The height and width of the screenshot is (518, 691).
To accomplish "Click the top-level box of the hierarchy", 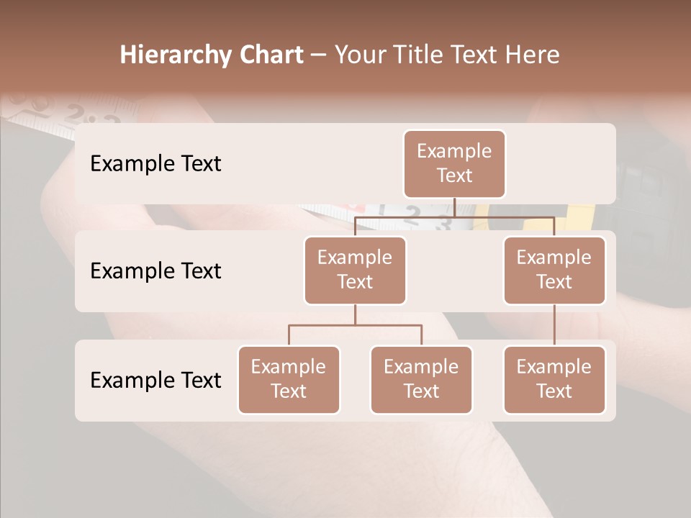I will click(x=454, y=163).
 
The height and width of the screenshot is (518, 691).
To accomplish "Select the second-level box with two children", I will click(x=355, y=270).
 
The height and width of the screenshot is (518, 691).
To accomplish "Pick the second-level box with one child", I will click(x=554, y=270).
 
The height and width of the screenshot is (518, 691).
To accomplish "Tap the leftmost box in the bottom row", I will click(x=289, y=379).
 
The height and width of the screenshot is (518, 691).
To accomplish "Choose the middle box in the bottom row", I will click(x=421, y=379).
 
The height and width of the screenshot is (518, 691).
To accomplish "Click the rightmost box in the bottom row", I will click(x=554, y=379).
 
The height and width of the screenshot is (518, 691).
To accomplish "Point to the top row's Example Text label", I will click(x=155, y=163).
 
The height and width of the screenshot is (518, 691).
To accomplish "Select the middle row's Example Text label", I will click(x=155, y=271).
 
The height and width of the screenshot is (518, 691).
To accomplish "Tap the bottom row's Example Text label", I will click(x=155, y=380).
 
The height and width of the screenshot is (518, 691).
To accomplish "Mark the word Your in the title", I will click(x=358, y=55).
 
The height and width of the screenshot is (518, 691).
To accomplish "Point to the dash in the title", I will click(x=319, y=55).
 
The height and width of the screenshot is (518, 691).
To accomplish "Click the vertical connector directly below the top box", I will click(x=454, y=207).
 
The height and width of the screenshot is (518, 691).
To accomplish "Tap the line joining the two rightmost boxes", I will click(x=554, y=325).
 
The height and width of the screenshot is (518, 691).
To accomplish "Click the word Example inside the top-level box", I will click(x=454, y=151).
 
